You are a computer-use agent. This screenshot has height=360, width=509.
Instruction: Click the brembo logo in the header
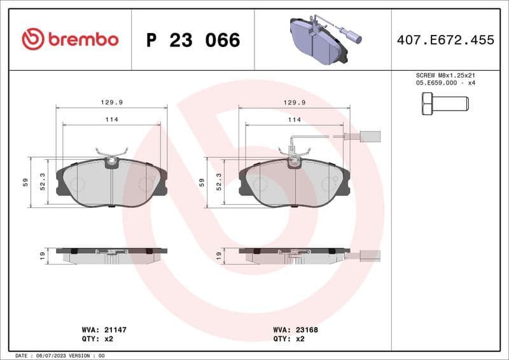point(70,39)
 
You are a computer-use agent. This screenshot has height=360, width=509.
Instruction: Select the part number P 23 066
point(193,40)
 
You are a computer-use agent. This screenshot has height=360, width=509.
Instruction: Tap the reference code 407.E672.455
point(445,40)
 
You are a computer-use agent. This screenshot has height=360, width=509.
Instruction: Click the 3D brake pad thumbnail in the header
point(323,39)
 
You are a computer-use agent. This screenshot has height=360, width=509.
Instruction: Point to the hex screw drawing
point(445,103)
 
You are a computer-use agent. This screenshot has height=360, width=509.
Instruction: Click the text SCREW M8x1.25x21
point(445,75)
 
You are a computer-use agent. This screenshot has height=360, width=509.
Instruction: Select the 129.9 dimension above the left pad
point(112,102)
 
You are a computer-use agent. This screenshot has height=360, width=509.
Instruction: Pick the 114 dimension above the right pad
point(294,120)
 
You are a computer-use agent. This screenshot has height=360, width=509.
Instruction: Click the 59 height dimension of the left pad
point(25,182)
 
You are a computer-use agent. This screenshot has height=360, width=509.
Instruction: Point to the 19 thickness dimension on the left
point(42,256)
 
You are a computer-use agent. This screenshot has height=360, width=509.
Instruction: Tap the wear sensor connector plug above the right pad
point(370,135)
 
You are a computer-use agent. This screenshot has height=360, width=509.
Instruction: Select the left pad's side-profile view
point(112,255)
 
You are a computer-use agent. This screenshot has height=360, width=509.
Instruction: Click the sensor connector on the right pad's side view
point(370,256)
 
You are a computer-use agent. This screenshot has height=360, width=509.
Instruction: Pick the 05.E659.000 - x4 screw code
point(445,83)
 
